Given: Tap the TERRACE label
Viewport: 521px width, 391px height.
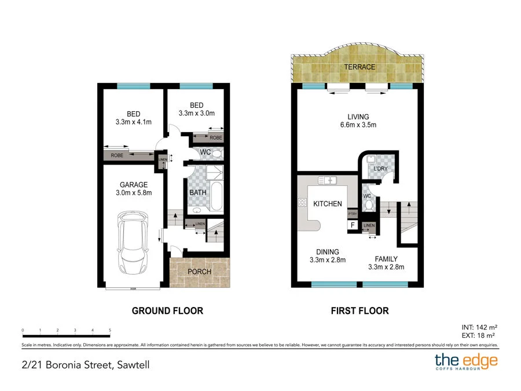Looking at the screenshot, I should [x=359, y=67].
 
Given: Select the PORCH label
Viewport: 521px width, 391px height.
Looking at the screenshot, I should [x=200, y=272].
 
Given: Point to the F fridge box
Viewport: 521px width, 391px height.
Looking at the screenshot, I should [x=351, y=225].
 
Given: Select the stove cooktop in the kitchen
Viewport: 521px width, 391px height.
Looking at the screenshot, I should [x=302, y=202].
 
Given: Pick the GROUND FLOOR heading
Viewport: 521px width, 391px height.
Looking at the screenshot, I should [x=167, y=311].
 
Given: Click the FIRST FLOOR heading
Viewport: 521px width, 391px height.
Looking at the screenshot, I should [x=359, y=311].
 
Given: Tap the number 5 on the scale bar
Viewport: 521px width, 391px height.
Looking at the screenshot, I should [x=110, y=330].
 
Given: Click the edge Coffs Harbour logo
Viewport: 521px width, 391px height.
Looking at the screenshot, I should [x=466, y=362].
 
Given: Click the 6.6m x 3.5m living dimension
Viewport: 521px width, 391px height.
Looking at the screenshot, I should [x=358, y=125].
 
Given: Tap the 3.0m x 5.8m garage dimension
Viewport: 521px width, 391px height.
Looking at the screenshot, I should [x=133, y=193].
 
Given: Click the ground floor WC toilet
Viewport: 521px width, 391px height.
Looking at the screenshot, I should [x=215, y=154].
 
